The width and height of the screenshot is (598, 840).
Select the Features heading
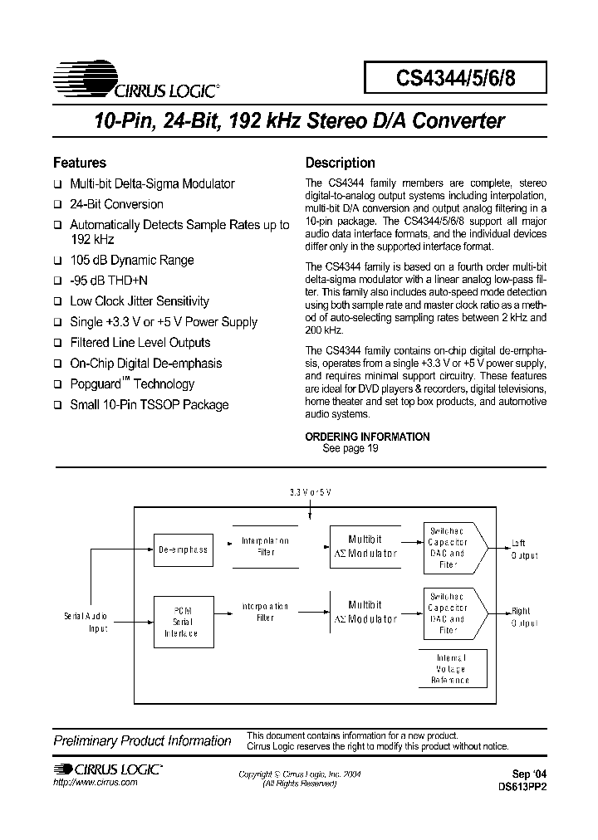click(x=80, y=163)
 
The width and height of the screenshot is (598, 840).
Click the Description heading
click(x=340, y=163)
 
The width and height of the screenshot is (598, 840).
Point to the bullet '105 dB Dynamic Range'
click(x=131, y=260)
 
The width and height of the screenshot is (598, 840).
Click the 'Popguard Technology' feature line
click(x=131, y=384)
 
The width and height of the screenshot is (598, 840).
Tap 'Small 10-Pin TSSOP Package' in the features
click(x=149, y=405)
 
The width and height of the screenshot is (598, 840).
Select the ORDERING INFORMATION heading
click(x=367, y=437)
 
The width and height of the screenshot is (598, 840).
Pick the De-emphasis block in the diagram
click(x=183, y=549)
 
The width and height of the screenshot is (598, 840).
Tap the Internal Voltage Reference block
click(x=450, y=669)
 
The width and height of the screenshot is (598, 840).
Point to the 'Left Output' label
click(x=524, y=549)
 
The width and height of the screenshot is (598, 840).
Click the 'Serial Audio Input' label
click(x=86, y=623)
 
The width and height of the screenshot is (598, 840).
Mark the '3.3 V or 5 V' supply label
click(x=310, y=492)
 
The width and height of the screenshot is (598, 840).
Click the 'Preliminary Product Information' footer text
click(x=142, y=740)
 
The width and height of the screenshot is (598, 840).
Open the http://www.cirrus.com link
click(x=95, y=784)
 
